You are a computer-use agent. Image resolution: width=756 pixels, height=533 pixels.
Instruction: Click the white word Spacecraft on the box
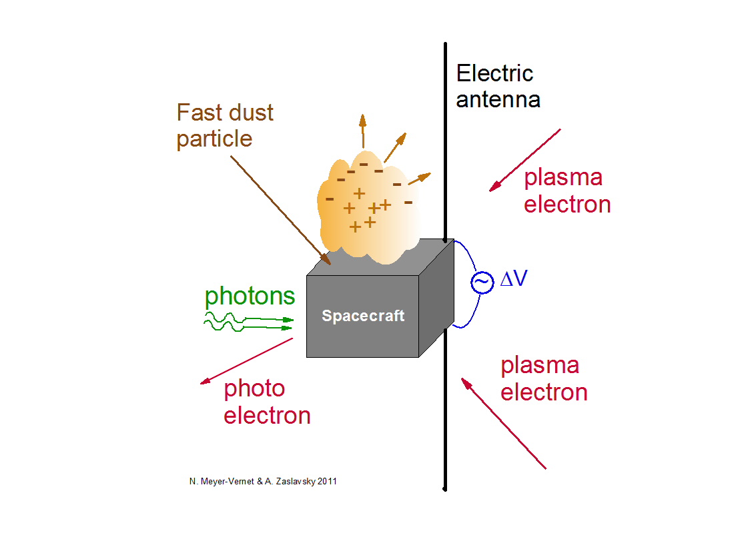click(x=363, y=316)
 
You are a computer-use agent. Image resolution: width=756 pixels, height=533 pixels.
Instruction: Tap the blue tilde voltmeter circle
click(x=481, y=283)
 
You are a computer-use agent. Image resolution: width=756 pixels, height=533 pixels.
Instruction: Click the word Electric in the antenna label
click(x=494, y=73)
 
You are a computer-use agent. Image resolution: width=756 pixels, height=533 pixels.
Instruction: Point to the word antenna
click(x=498, y=100)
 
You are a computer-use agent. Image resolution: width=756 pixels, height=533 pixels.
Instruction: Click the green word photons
click(x=249, y=296)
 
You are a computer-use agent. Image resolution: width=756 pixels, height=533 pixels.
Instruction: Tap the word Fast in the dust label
click(x=198, y=113)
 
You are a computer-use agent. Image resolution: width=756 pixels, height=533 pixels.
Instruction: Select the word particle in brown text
click(x=214, y=139)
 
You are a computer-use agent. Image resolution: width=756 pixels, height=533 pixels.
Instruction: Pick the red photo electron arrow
click(x=247, y=361)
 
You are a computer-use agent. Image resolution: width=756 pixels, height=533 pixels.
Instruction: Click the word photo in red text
click(x=254, y=388)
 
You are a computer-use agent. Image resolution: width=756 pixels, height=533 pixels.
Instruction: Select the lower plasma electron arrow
click(x=504, y=423)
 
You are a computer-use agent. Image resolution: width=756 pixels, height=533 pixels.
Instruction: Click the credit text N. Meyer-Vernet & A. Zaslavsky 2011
click(x=263, y=480)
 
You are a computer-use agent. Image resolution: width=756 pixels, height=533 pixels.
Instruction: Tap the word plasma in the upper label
click(x=562, y=177)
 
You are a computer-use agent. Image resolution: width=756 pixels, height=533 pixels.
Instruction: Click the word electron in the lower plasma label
click(x=544, y=392)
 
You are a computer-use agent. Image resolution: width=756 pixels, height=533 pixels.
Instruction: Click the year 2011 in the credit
click(x=326, y=480)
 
